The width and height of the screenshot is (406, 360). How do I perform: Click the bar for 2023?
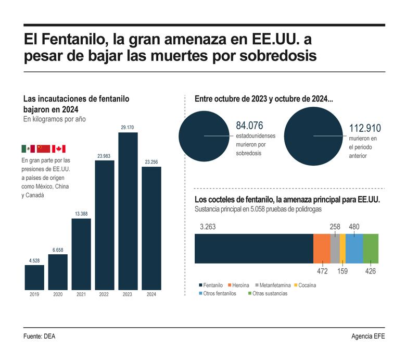pyautogui.click(x=128, y=210)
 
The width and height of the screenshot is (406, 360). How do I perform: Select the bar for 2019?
pyautogui.click(x=34, y=277)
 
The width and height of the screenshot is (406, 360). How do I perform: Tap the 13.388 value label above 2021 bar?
pyautogui.click(x=81, y=214)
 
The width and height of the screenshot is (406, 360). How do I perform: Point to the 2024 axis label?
pyautogui.click(x=151, y=295)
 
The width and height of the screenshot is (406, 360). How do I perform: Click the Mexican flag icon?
pyautogui.click(x=28, y=148)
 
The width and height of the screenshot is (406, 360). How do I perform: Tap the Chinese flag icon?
pyautogui.click(x=43, y=148)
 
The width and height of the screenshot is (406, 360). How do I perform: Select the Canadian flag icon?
pyautogui.click(x=59, y=148)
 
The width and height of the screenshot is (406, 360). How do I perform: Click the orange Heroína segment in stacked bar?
pyautogui.click(x=321, y=249)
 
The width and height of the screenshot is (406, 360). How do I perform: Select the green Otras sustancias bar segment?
pyautogui.click(x=371, y=249)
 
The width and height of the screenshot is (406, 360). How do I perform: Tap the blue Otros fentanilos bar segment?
pyautogui.click(x=354, y=249)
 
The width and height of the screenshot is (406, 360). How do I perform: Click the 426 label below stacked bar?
pyautogui.click(x=370, y=271)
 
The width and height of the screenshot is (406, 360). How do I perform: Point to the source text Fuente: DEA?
pyautogui.click(x=39, y=337)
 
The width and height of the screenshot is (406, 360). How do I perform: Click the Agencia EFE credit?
pyautogui.click(x=368, y=337)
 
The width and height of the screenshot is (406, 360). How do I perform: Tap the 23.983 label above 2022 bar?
pyautogui.click(x=105, y=156)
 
